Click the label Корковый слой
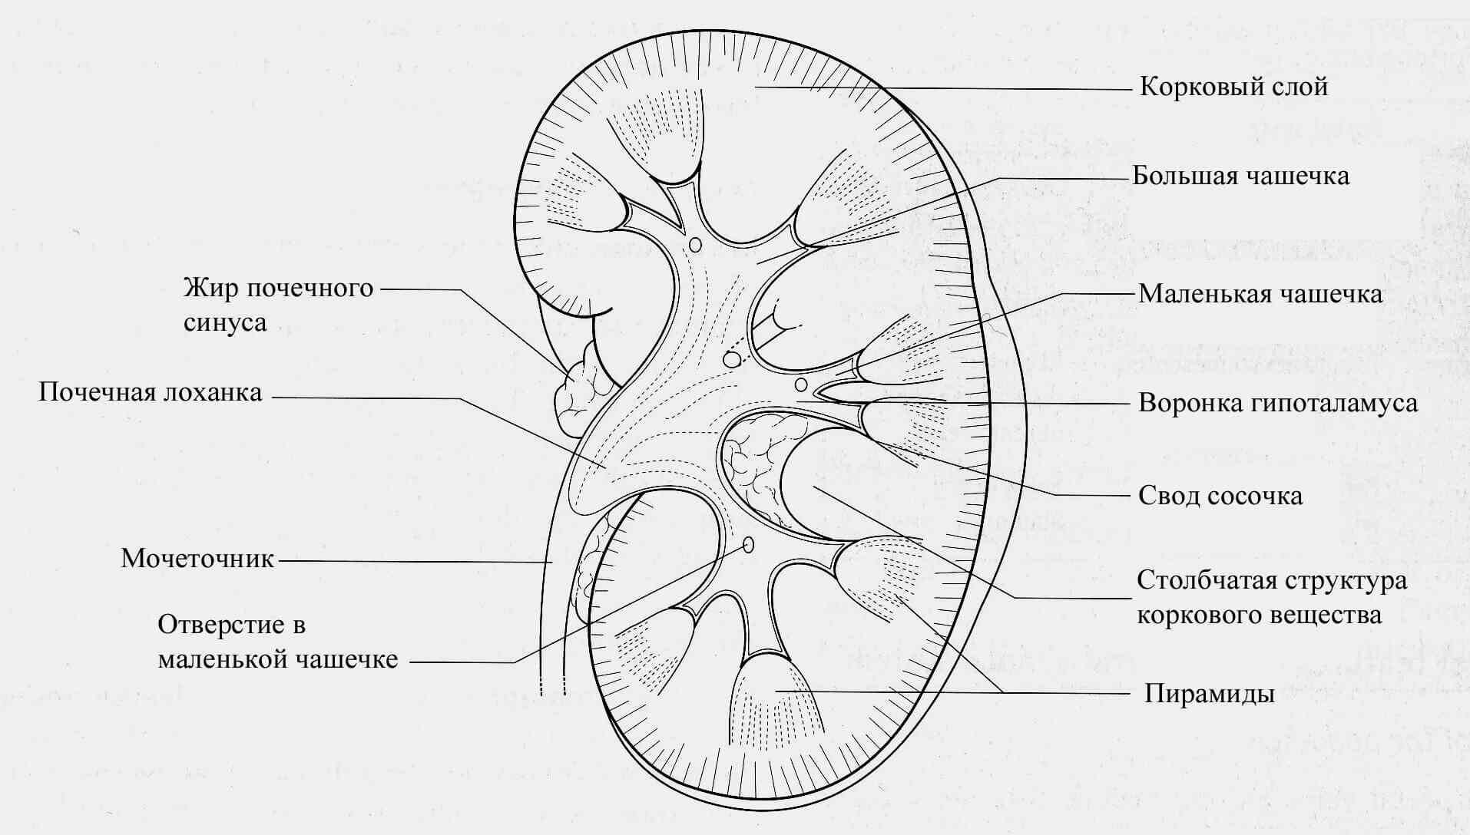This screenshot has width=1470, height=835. tap(1233, 87)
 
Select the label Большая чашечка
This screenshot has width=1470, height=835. tap(1241, 176)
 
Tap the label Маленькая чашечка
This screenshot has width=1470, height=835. tap(1260, 294)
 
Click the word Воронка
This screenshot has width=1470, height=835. tap(1190, 403)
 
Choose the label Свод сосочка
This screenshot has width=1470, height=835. tap(1220, 496)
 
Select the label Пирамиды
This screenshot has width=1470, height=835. tap(1210, 694)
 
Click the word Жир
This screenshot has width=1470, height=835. tap(209, 289)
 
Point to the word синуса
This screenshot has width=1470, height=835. tap(225, 323)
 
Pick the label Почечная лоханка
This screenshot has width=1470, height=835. tap(151, 393)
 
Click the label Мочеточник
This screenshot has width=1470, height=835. tap(197, 559)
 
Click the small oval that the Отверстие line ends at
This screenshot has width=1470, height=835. tap(749, 546)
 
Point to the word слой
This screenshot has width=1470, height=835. tap(1300, 87)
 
